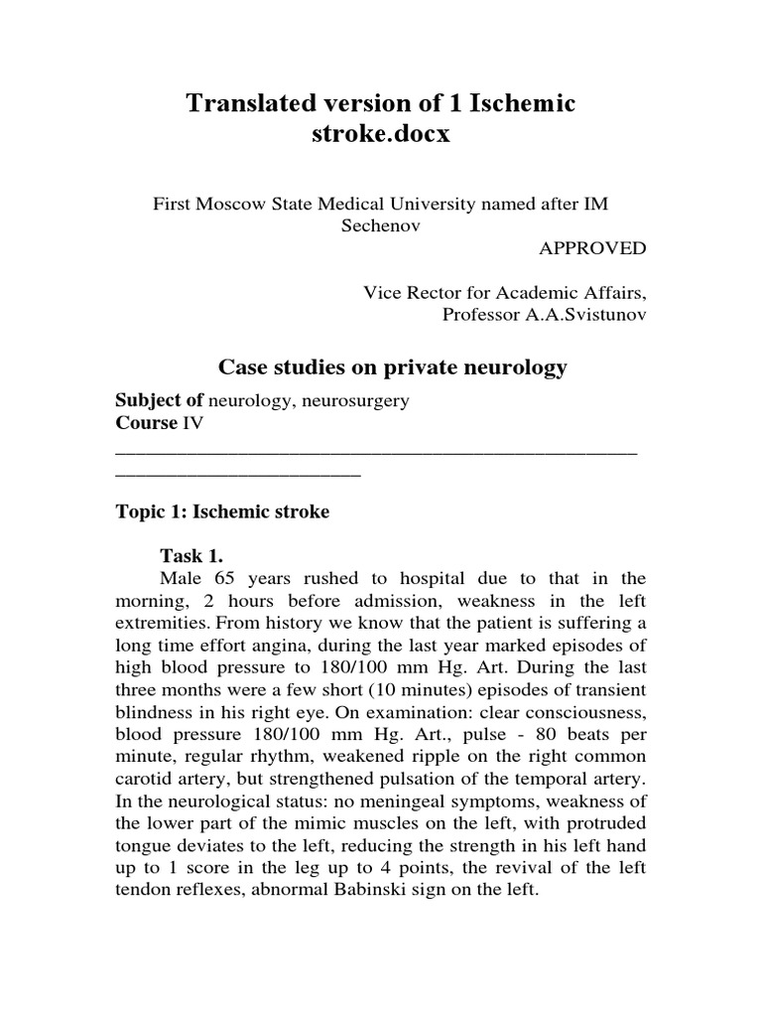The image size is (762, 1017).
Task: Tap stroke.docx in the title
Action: coord(381,134)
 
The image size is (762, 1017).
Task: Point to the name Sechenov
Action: coord(381,225)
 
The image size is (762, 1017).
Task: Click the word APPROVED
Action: coord(592,248)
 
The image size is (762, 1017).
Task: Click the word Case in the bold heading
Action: coord(241,367)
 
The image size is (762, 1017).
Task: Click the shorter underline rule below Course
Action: coord(238,474)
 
